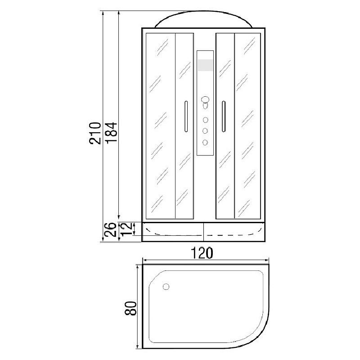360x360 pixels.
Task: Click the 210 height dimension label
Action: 95,133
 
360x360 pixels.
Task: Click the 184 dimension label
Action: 111,133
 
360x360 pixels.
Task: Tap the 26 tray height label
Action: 111,229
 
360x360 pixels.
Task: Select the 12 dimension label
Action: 127,229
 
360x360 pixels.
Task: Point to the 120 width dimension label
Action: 202,253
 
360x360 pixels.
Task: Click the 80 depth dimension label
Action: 130,308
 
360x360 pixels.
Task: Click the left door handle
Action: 186,116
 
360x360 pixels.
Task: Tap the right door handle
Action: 223,116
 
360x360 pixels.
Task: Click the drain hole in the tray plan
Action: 166,287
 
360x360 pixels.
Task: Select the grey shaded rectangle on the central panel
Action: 205,65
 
